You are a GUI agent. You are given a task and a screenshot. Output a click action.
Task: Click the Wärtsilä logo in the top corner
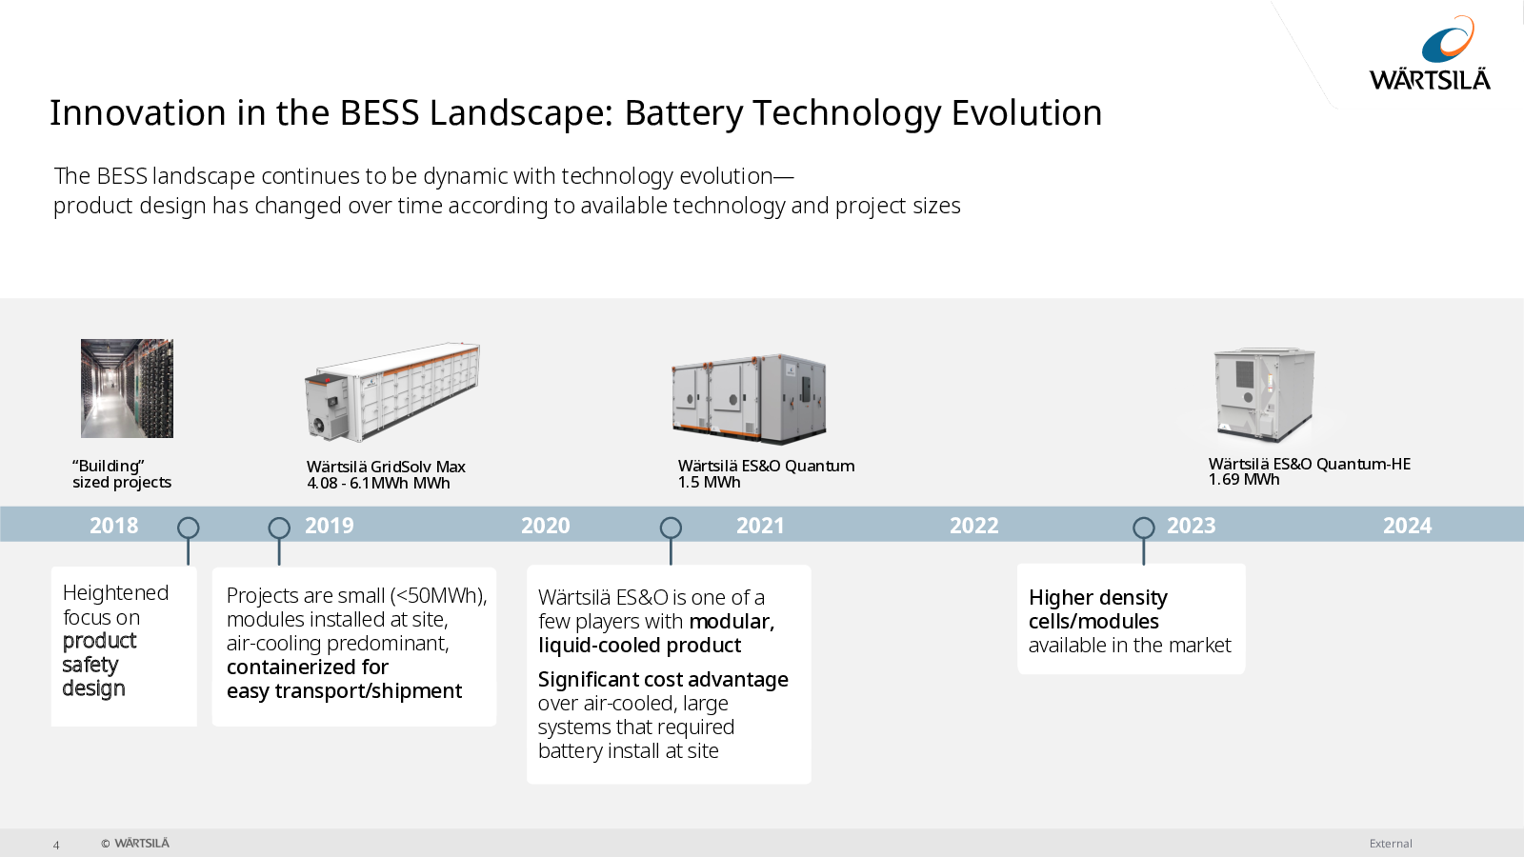[x=1430, y=53]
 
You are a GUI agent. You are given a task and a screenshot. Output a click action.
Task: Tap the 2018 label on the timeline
[x=113, y=525]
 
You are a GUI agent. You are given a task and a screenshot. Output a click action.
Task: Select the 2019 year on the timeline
[x=330, y=525]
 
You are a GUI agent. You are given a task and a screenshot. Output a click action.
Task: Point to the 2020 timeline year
[x=546, y=525]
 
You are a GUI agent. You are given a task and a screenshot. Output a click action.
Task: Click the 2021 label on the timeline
[x=761, y=525]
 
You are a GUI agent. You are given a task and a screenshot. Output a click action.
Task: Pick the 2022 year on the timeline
[x=974, y=525]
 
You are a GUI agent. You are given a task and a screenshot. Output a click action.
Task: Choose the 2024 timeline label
[x=1408, y=525]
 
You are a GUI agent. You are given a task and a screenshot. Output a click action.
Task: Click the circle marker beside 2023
[x=1144, y=528]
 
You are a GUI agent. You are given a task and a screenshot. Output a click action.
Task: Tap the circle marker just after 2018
[x=189, y=528]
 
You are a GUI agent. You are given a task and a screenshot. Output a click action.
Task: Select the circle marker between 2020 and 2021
[x=671, y=528]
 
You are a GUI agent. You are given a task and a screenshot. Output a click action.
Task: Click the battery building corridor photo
[x=128, y=389]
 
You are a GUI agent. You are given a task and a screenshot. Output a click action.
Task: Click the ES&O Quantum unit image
[x=749, y=399]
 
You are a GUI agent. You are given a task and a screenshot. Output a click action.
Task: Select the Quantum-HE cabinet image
[x=1265, y=394]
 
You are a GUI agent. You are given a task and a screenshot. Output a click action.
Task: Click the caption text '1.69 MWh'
[x=1244, y=480]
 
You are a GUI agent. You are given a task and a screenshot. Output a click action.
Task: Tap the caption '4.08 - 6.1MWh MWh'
[x=378, y=483]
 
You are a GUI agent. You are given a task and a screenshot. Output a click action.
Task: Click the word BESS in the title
[x=380, y=112]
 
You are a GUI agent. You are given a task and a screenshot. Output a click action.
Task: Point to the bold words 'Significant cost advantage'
[x=663, y=679]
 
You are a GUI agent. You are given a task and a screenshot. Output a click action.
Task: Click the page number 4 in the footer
[x=56, y=845]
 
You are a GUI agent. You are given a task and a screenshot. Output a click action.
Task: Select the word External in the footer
[x=1391, y=844]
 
